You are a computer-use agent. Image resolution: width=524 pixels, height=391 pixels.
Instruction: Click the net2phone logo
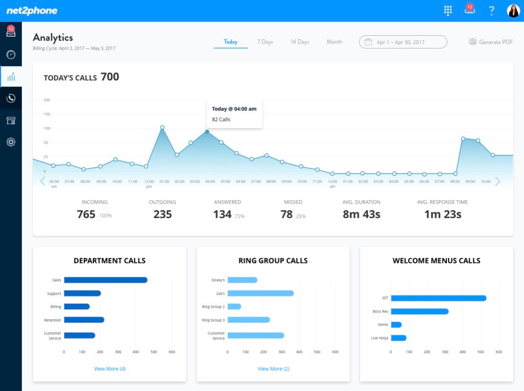(x=32, y=11)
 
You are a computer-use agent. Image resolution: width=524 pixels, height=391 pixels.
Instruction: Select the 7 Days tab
(x=265, y=42)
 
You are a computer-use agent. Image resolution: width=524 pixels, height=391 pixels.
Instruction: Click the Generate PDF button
(x=491, y=42)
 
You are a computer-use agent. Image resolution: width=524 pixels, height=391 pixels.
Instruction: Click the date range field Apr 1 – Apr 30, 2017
(x=402, y=42)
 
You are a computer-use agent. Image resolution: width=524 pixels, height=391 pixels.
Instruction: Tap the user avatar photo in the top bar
(x=513, y=11)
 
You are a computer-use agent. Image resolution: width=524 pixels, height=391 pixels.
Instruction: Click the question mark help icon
(x=491, y=11)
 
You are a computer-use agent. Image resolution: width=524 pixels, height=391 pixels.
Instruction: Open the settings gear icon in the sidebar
(x=11, y=142)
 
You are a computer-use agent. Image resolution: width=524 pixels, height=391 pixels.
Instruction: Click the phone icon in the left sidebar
(x=11, y=99)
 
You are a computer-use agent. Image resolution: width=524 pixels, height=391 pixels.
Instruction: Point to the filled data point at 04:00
(x=207, y=132)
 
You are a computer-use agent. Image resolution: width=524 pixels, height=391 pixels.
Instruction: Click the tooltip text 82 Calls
(x=221, y=119)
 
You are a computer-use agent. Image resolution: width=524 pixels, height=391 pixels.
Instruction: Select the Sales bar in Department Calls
(x=106, y=280)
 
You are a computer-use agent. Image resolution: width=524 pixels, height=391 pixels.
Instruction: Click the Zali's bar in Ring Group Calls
(x=260, y=293)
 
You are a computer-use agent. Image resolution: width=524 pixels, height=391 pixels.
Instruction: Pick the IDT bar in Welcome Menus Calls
(x=438, y=298)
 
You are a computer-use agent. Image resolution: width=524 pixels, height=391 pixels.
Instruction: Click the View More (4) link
(x=109, y=369)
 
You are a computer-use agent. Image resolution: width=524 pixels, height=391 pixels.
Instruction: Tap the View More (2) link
(x=273, y=369)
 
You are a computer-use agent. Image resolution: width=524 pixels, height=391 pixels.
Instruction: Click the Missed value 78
(x=287, y=214)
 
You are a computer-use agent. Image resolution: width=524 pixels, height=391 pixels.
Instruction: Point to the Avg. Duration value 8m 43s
(x=361, y=214)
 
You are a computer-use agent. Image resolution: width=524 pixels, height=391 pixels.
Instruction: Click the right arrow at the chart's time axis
(x=497, y=181)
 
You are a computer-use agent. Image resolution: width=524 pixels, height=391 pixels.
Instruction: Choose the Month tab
(x=334, y=42)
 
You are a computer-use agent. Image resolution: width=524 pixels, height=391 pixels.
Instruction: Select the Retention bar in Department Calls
(x=84, y=320)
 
